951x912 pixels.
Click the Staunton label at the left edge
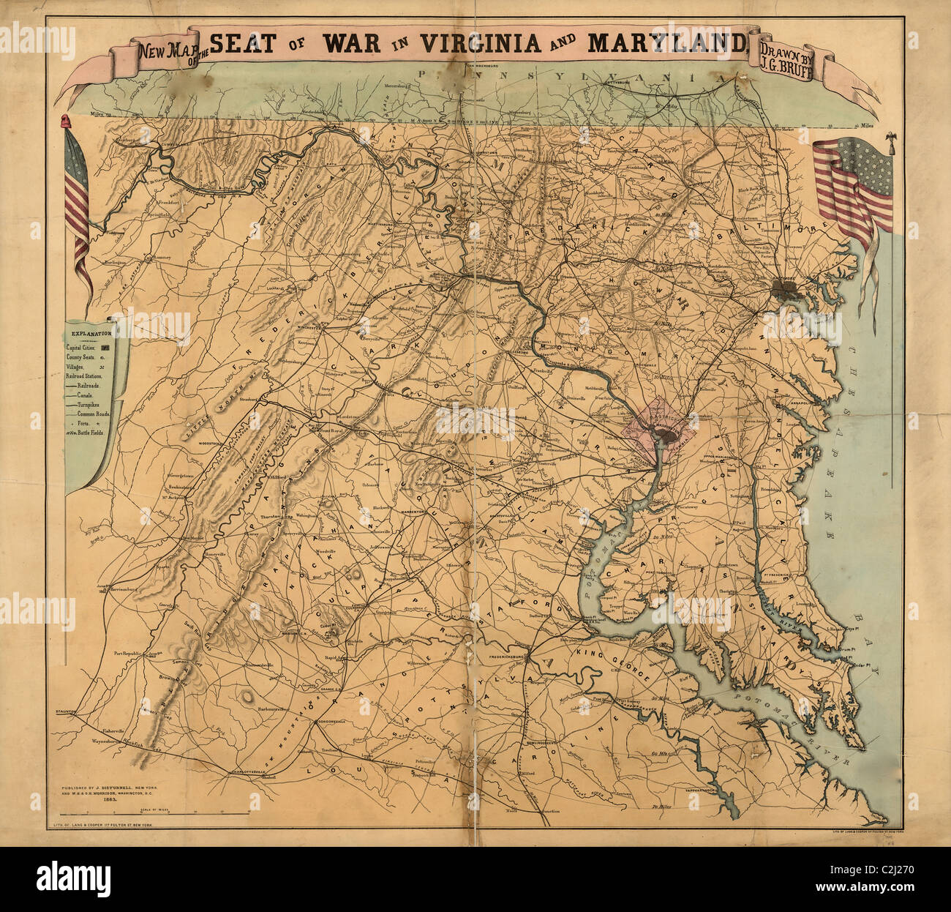pos(67,710)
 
